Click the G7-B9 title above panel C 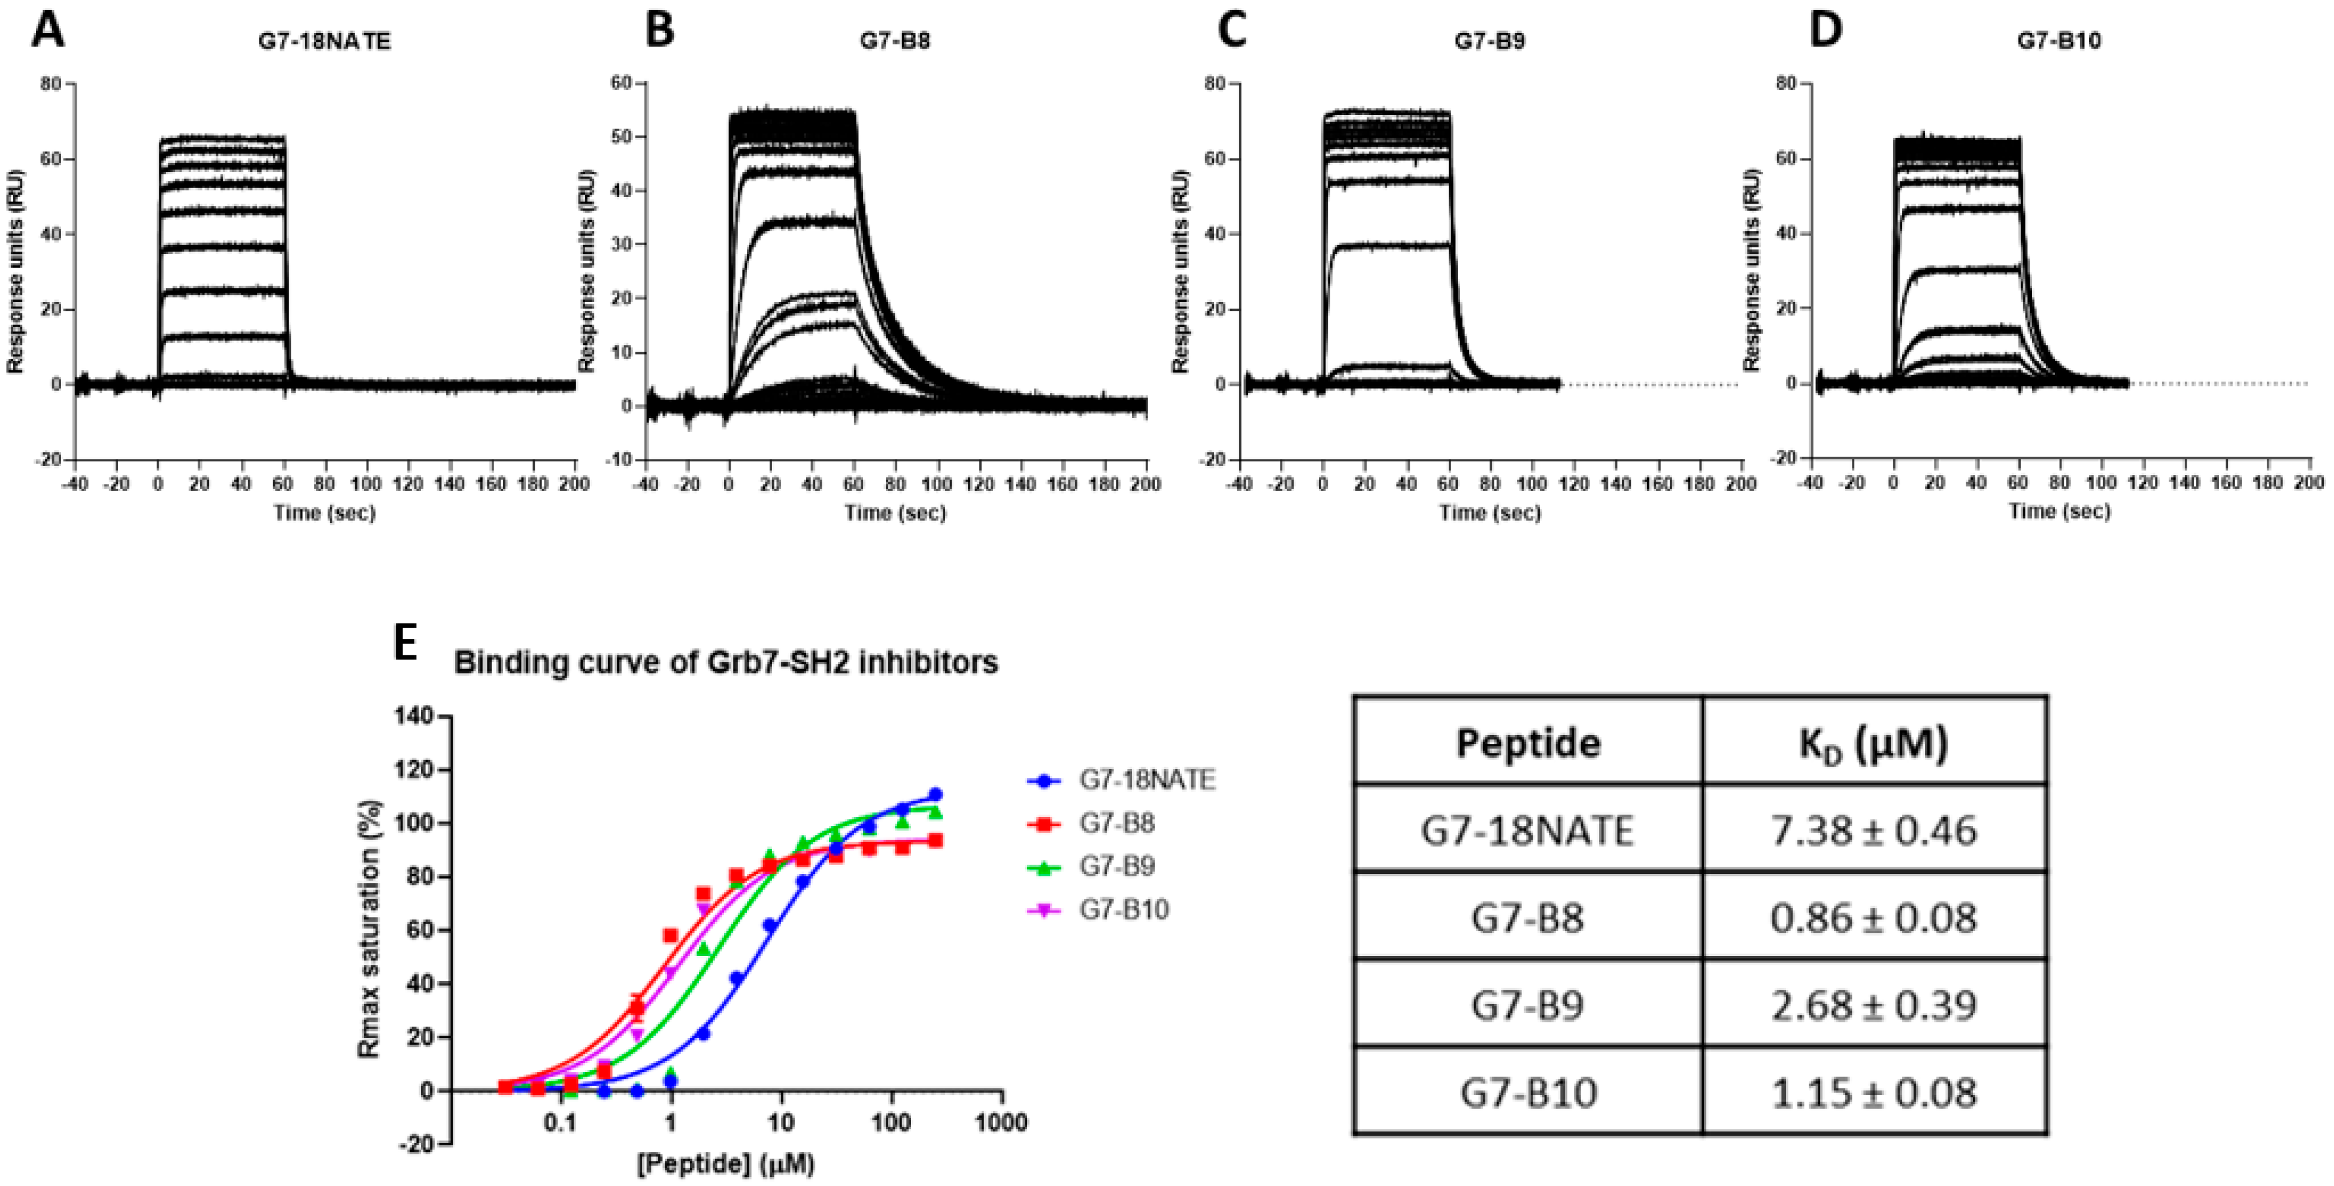pyautogui.click(x=1490, y=42)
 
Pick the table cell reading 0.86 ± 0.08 pyautogui.click(x=1873, y=918)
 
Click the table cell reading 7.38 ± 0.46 pyautogui.click(x=1873, y=831)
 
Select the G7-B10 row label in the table pyautogui.click(x=1528, y=1093)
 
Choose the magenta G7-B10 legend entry pyautogui.click(x=1122, y=910)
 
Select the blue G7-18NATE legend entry pyautogui.click(x=1146, y=780)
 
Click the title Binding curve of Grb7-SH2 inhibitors pyautogui.click(x=726, y=663)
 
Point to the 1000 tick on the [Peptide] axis pyautogui.click(x=1002, y=1124)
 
